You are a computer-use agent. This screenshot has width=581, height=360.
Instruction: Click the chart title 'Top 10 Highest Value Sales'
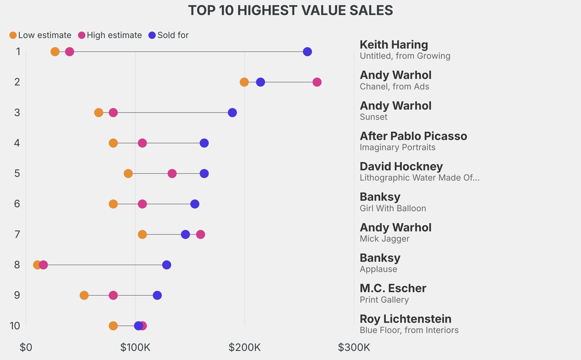pyautogui.click(x=290, y=10)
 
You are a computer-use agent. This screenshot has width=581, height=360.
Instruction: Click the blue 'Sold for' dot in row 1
pyautogui.click(x=308, y=52)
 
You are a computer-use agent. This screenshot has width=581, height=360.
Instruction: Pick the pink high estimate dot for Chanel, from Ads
pyautogui.click(x=317, y=82)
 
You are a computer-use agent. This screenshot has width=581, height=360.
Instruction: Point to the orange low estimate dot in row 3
pyautogui.click(x=99, y=112)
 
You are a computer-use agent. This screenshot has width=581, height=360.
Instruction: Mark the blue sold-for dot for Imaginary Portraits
pyautogui.click(x=204, y=143)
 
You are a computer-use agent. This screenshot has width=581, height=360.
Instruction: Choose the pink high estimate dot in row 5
pyautogui.click(x=172, y=173)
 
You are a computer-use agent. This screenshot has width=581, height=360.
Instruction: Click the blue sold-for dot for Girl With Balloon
pyautogui.click(x=195, y=204)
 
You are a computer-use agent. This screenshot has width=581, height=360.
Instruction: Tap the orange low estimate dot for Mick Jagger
pyautogui.click(x=142, y=235)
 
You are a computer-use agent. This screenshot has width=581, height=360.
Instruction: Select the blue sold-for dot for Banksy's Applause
pyautogui.click(x=166, y=265)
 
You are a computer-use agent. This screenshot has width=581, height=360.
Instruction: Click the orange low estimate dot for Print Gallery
pyautogui.click(x=84, y=295)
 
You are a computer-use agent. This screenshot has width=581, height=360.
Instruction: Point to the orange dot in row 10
pyautogui.click(x=113, y=326)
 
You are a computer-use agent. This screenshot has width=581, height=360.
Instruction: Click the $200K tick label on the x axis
pyautogui.click(x=245, y=347)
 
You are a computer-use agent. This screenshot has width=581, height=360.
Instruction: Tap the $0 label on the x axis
pyautogui.click(x=26, y=347)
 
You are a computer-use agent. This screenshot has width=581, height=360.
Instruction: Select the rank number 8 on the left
pyautogui.click(x=17, y=265)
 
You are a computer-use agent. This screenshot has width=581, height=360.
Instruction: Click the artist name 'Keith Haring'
pyautogui.click(x=394, y=45)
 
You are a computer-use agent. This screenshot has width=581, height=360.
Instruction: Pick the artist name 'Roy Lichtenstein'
pyautogui.click(x=405, y=319)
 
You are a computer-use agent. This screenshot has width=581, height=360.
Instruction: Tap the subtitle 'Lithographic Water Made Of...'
pyautogui.click(x=419, y=178)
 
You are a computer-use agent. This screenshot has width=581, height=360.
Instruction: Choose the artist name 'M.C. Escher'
pyautogui.click(x=393, y=288)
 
